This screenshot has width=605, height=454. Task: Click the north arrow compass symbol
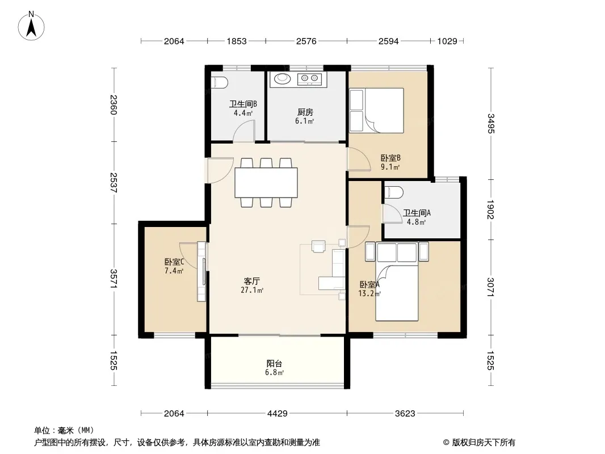point(31,26)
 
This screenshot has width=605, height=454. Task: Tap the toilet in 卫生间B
point(220,82)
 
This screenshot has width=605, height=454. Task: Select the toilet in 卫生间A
point(394,192)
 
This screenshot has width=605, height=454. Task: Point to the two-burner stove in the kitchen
point(309,79)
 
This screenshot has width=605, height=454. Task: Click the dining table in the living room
point(266,182)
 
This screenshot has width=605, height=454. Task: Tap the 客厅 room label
point(251,281)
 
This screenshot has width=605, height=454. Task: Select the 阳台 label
point(274,363)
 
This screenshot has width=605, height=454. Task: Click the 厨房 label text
point(305,112)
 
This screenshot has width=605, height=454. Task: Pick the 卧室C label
point(174,262)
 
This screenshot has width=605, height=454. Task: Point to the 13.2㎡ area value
point(369,293)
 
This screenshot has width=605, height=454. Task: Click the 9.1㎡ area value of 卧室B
point(390,167)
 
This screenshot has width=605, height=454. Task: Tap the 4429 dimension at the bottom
point(278,414)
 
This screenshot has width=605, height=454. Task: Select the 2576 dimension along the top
point(306,41)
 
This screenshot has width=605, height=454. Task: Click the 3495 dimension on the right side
point(490,124)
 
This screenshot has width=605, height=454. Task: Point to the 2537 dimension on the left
point(114,182)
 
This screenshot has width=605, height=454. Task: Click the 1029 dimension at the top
point(447,41)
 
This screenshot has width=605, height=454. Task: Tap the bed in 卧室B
point(377,111)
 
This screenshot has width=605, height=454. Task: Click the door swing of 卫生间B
point(244,131)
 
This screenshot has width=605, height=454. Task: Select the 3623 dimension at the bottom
point(405,414)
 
